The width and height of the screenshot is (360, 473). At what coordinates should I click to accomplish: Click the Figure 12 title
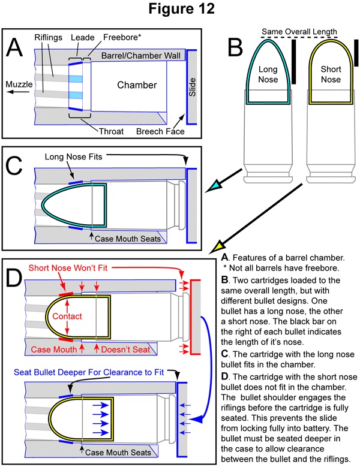click(182, 8)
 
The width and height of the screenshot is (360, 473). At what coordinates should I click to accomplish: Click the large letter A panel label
click(14, 48)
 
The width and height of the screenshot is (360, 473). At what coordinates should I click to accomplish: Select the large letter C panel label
click(14, 165)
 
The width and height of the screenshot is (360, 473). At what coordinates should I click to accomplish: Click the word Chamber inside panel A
click(137, 85)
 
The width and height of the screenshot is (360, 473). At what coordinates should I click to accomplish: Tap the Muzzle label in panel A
click(19, 84)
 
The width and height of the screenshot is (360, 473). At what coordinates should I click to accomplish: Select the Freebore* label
click(122, 37)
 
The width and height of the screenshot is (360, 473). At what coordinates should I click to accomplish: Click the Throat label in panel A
click(111, 131)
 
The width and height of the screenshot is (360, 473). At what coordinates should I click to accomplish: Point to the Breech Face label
click(160, 131)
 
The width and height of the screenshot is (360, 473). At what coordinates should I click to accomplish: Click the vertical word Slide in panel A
click(192, 87)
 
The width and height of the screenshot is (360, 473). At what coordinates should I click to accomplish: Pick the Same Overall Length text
click(299, 31)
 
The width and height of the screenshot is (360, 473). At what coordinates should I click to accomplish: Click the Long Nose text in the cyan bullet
click(268, 74)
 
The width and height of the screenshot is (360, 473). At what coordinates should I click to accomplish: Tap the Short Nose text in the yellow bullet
click(331, 74)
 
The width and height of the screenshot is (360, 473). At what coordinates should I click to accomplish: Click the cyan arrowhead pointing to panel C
click(213, 185)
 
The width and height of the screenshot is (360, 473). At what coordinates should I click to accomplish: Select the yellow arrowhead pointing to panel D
click(217, 247)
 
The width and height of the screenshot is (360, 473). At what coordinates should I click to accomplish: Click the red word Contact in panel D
click(67, 316)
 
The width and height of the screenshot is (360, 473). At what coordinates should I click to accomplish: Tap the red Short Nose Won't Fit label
click(68, 268)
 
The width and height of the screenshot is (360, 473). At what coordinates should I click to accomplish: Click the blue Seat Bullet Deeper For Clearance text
click(89, 372)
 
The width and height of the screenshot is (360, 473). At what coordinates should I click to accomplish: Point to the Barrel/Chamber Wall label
click(141, 56)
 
